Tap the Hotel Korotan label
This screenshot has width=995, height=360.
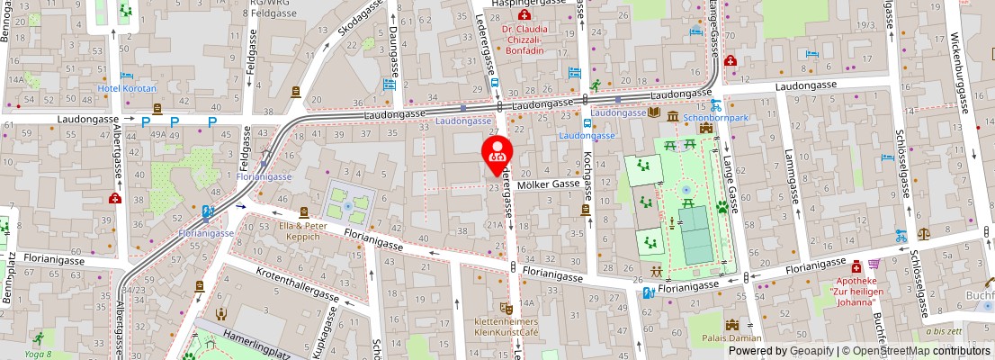pyautogui.click(x=127, y=88)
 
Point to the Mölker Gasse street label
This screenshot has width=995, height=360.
pyautogui.click(x=547, y=184)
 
